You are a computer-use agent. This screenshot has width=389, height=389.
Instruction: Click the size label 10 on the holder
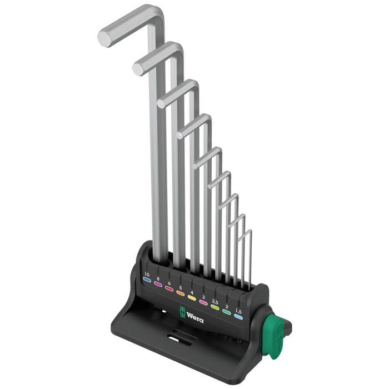point(147,274)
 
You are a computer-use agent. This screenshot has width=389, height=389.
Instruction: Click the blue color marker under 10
point(147,281)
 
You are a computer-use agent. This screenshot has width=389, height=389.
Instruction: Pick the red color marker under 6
point(169,289)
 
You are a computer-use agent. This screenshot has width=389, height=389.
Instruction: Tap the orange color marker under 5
point(180,293)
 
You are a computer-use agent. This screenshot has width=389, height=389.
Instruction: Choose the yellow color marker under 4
point(191,298)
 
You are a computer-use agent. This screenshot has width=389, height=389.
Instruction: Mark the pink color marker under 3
point(203,303)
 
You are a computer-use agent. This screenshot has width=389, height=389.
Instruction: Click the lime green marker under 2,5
point(215,308)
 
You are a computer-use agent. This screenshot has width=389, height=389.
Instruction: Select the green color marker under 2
point(226,312)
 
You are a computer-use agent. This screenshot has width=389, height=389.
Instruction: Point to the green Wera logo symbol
point(181,313)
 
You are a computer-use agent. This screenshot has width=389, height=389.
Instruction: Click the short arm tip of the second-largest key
point(138,69)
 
